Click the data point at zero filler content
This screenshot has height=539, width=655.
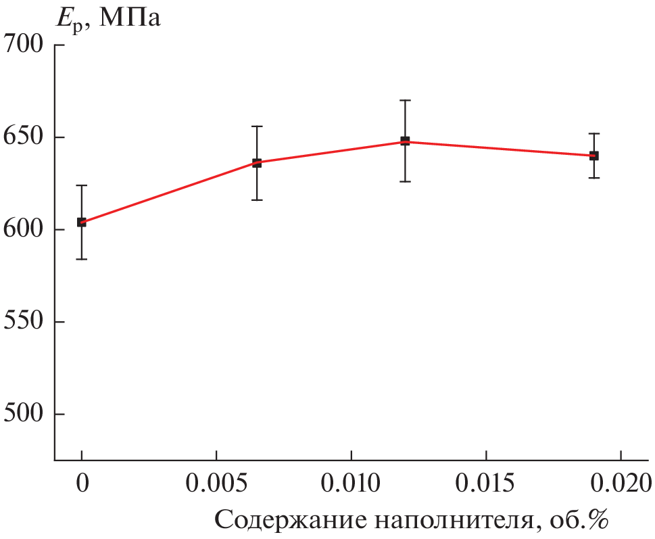(x=82, y=222)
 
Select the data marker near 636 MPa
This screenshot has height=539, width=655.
(x=257, y=163)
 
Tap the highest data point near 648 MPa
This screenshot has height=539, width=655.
(x=405, y=141)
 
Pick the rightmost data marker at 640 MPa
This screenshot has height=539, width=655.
(x=594, y=156)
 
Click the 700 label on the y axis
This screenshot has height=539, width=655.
(x=24, y=45)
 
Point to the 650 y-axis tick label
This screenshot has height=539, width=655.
(x=24, y=137)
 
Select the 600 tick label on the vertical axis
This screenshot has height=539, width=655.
(x=24, y=229)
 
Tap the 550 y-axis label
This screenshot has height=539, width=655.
(x=24, y=322)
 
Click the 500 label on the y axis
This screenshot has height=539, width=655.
(x=24, y=414)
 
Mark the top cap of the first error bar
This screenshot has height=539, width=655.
(x=82, y=185)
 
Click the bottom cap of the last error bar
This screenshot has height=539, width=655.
(x=594, y=178)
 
